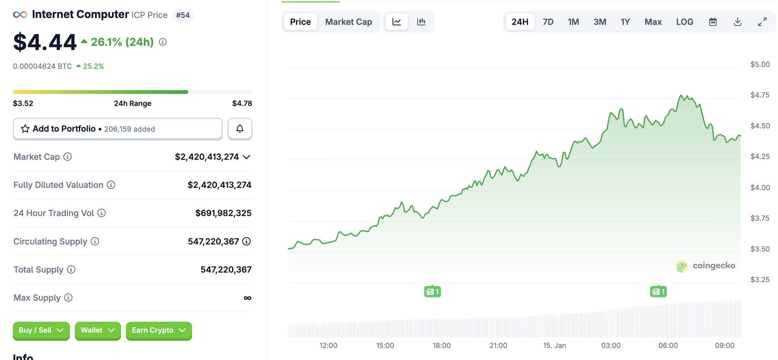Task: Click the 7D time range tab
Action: tap(548, 22)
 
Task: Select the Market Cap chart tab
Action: tap(348, 22)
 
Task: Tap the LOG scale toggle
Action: tap(684, 22)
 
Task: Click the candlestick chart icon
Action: tap(421, 22)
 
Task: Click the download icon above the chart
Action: tap(737, 22)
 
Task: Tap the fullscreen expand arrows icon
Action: tap(762, 22)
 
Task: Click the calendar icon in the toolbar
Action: tap(713, 22)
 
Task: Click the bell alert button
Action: tap(240, 129)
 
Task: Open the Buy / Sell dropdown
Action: tap(41, 330)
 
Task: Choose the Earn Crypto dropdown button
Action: tap(158, 330)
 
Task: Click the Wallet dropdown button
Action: tap(98, 330)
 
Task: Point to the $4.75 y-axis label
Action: tap(760, 95)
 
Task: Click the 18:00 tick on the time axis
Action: tap(441, 346)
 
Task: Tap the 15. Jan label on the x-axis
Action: tap(554, 346)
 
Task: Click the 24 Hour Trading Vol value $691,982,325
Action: tap(223, 213)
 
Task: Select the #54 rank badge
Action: tap(183, 15)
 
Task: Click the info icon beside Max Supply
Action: tap(68, 298)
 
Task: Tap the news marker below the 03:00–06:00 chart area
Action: tap(658, 292)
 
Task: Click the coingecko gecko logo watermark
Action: tap(682, 266)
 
